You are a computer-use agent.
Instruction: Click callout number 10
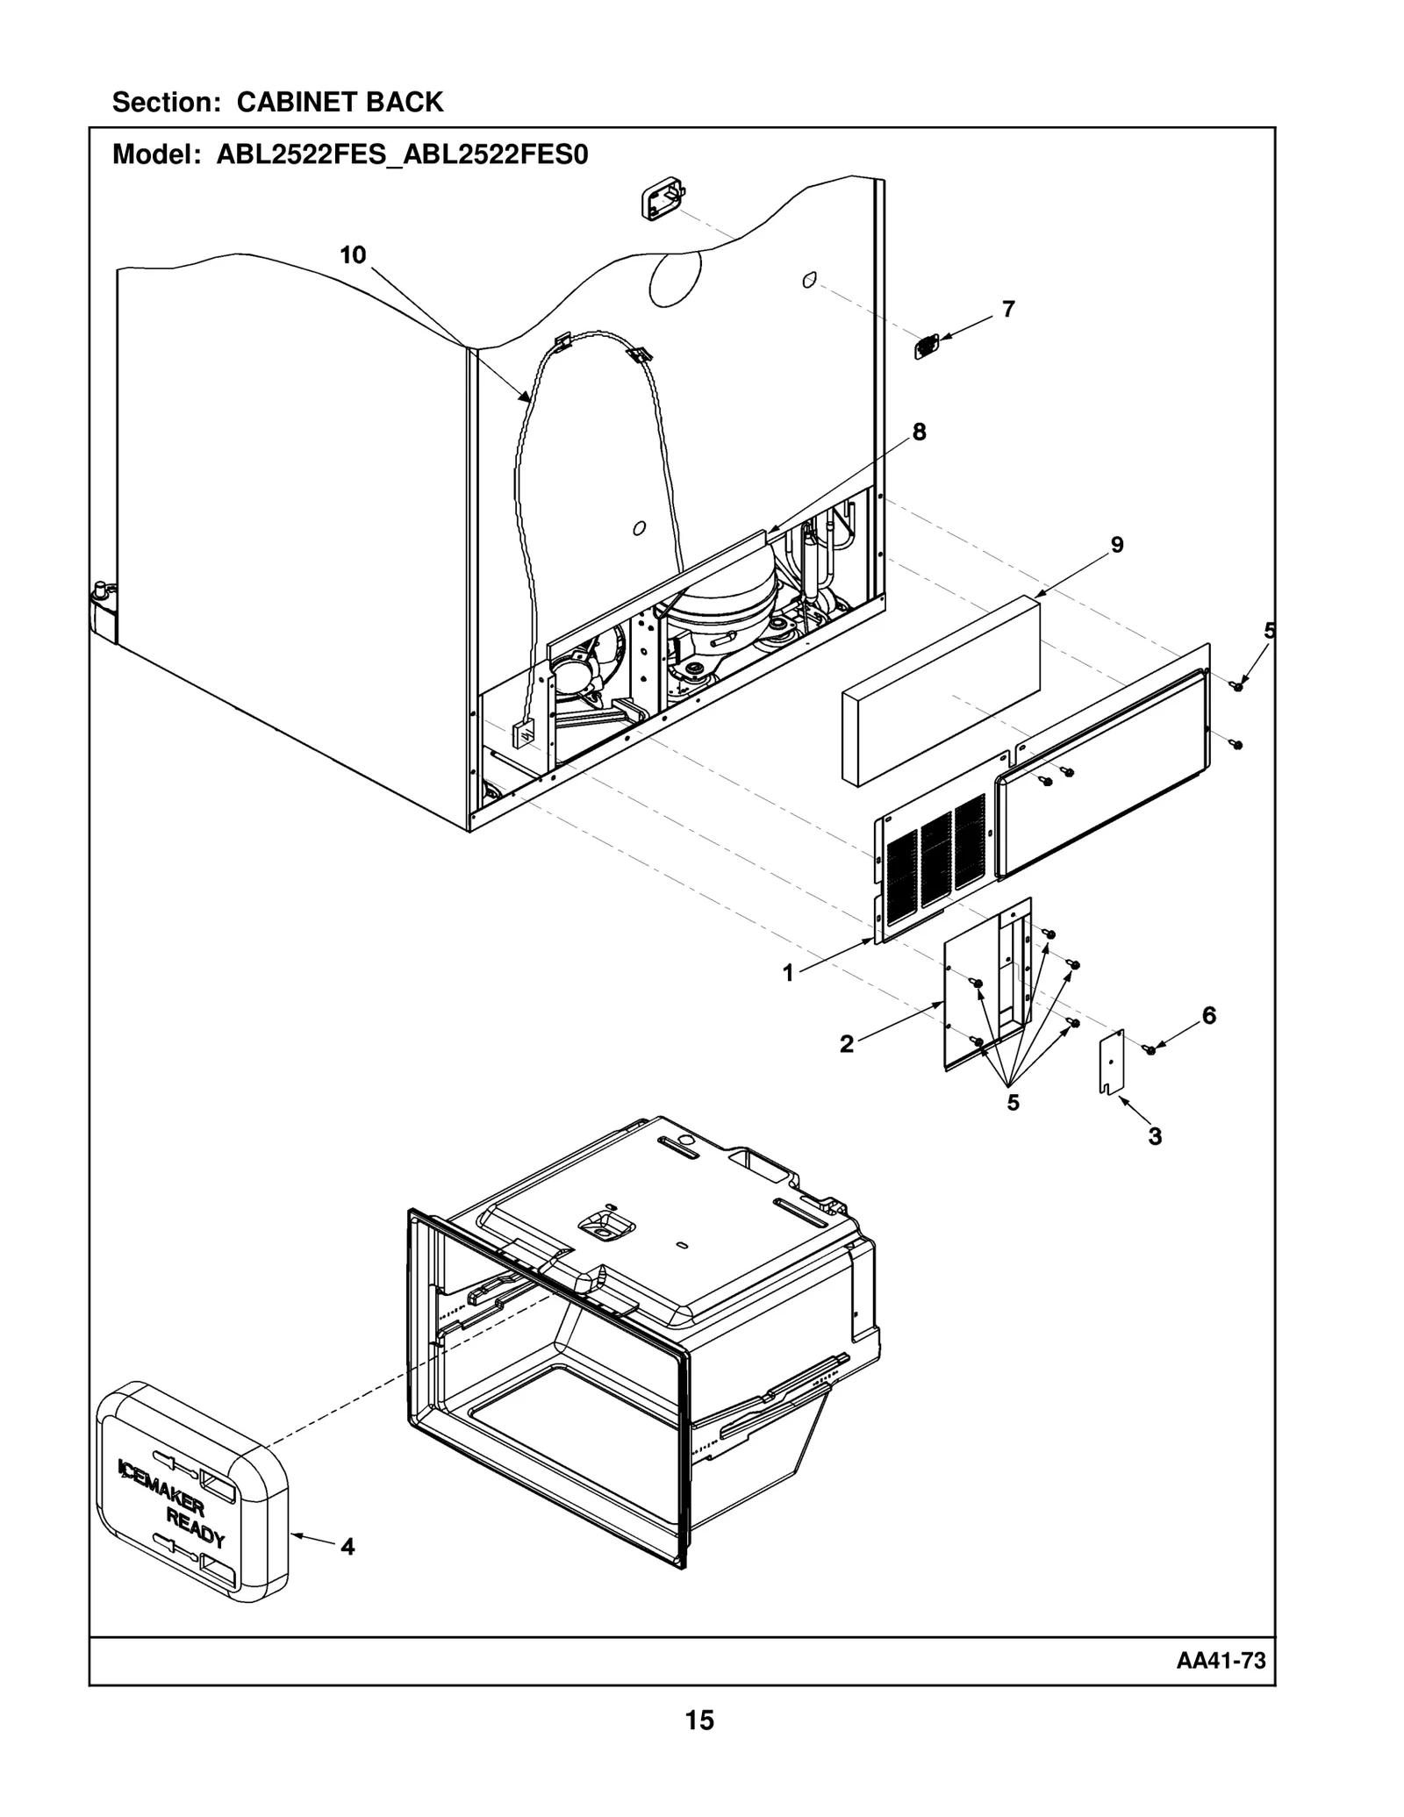352,255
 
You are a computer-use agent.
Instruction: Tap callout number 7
1008,309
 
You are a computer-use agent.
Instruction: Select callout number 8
919,432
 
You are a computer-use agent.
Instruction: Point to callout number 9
1116,545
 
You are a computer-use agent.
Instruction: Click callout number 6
1208,1015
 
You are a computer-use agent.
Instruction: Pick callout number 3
1155,1136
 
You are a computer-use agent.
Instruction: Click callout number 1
788,973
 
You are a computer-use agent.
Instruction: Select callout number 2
846,1044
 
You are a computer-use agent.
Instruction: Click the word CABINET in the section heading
297,103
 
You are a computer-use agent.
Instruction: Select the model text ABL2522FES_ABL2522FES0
402,155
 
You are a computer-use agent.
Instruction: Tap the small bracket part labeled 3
1111,1063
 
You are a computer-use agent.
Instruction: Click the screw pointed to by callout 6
1150,1050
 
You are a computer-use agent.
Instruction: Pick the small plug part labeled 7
926,347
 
